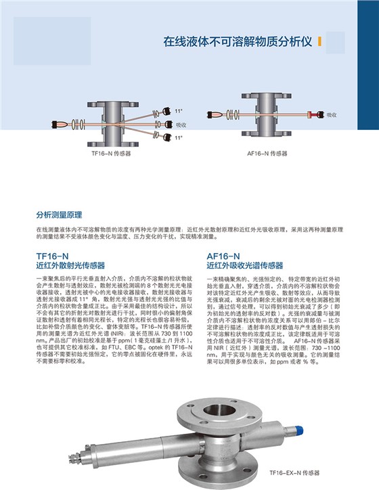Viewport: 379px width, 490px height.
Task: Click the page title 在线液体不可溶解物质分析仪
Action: [238, 41]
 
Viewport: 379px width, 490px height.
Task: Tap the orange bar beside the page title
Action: [319, 41]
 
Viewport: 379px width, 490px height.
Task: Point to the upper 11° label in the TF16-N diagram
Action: [179, 110]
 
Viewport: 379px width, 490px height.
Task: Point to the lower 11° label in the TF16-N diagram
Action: [179, 137]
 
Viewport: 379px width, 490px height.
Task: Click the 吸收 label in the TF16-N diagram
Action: [181, 125]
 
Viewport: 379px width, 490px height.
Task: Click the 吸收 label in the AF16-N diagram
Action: [332, 116]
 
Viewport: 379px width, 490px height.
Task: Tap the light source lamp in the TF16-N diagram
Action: [57, 125]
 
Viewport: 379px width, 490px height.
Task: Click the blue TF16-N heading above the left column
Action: [52, 256]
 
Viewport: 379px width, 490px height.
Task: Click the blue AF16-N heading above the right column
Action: [223, 256]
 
